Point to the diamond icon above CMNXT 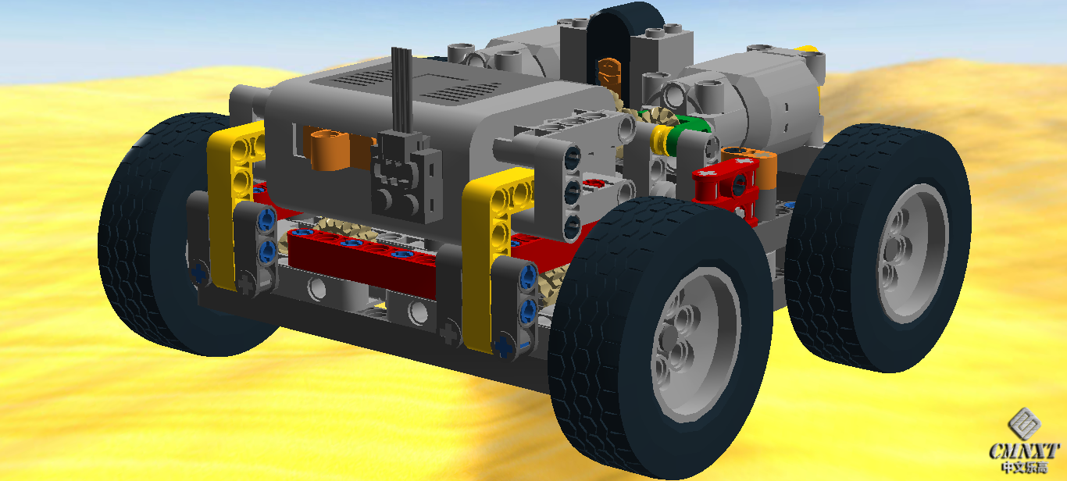tap(1024, 423)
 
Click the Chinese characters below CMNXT tap(1024, 468)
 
